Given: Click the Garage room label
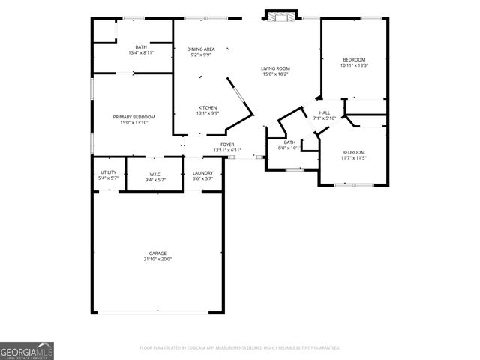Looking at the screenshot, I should (157, 253).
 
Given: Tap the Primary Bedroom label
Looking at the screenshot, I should (134, 117).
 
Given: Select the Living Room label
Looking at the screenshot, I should (275, 68).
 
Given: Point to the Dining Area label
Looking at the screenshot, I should (201, 49).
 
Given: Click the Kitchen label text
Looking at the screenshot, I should (208, 107).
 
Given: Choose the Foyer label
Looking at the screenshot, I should (226, 144).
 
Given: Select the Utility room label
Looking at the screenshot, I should (109, 172).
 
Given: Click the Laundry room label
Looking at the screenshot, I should (202, 172).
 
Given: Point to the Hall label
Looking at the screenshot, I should (325, 112).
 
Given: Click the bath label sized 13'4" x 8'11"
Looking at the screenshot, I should (141, 47).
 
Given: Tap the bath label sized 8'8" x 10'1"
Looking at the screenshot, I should (289, 142).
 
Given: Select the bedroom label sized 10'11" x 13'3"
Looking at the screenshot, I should (354, 59).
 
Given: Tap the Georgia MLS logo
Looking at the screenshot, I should (27, 350).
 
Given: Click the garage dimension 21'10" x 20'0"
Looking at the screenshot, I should (157, 259).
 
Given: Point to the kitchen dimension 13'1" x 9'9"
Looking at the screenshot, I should (208, 113).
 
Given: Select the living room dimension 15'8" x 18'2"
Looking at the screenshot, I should (275, 74).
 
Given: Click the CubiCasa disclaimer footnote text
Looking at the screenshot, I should (240, 347).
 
